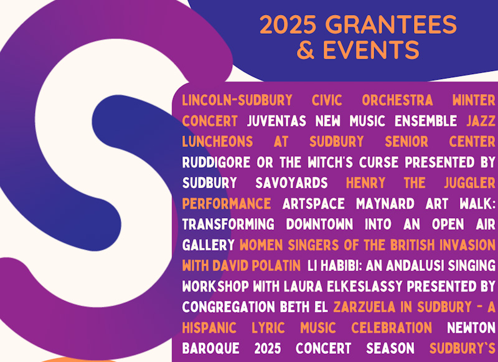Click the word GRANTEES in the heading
point(391,24)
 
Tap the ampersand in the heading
point(305,50)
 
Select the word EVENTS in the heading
point(371,50)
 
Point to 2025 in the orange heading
point(288,24)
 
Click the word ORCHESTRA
point(397,100)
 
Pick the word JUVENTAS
point(276,121)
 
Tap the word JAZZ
point(481,121)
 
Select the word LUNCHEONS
point(217,141)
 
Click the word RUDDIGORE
point(216,162)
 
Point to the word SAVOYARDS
point(291,183)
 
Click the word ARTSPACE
point(314,203)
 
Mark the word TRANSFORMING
point(228,224)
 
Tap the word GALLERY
point(209,245)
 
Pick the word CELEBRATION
point(392,328)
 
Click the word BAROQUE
point(211,348)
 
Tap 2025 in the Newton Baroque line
point(268,348)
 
